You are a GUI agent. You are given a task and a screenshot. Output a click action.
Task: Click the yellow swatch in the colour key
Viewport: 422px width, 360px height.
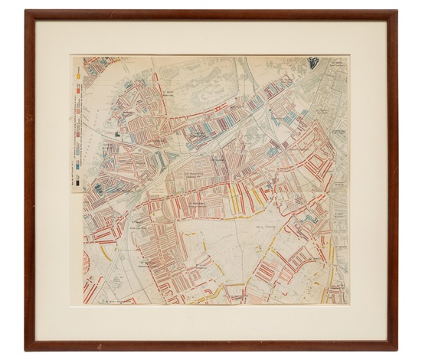tap(78, 76)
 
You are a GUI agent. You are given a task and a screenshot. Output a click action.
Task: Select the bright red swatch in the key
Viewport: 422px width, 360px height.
tap(78, 91)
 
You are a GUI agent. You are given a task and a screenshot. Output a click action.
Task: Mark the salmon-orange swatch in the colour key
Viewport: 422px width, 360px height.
tap(78, 101)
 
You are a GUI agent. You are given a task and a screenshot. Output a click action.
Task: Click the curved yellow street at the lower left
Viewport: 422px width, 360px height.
tap(107, 253)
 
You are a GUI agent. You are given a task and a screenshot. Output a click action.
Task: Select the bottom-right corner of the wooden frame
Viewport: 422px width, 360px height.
tap(397, 349)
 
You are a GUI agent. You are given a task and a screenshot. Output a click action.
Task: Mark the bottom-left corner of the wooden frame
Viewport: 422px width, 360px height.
tap(25, 349)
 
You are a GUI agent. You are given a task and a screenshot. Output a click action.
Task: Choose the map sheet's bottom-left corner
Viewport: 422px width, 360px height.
tap(73, 304)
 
